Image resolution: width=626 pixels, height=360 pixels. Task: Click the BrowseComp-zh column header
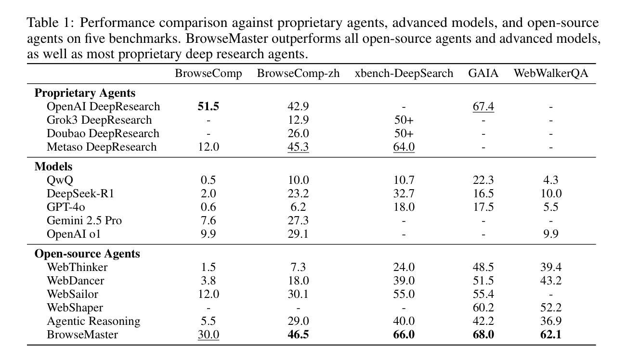pyautogui.click(x=298, y=74)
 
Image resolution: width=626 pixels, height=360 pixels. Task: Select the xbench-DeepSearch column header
pyautogui.click(x=404, y=74)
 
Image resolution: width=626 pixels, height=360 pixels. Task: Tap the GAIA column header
pyautogui.click(x=483, y=74)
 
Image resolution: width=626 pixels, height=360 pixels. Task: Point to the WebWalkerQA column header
pyautogui.click(x=551, y=74)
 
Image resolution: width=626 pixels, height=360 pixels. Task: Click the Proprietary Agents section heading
pyautogui.click(x=85, y=93)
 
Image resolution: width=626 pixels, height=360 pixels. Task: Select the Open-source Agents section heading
pyautogui.click(x=87, y=254)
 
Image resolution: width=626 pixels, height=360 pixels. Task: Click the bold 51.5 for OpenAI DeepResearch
pyautogui.click(x=208, y=106)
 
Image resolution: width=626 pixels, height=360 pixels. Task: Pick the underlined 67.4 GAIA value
pyautogui.click(x=483, y=106)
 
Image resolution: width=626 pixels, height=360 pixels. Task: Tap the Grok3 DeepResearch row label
pyautogui.click(x=99, y=120)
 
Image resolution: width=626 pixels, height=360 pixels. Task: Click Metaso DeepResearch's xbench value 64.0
pyautogui.click(x=404, y=147)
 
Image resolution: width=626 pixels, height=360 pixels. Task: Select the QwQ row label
pyautogui.click(x=60, y=180)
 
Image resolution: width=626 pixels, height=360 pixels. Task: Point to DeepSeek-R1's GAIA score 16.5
pyautogui.click(x=483, y=193)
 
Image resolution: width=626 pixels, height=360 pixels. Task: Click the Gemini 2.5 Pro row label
pyautogui.click(x=84, y=220)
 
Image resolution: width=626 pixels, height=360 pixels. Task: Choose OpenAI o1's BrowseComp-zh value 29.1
pyautogui.click(x=298, y=234)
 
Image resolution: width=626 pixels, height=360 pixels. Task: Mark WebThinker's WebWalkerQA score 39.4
pyautogui.click(x=551, y=267)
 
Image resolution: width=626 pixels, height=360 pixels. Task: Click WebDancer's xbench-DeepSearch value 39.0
pyautogui.click(x=404, y=281)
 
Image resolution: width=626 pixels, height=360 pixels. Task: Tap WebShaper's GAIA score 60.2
pyautogui.click(x=483, y=308)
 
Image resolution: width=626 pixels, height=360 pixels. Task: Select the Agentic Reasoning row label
pyautogui.click(x=93, y=321)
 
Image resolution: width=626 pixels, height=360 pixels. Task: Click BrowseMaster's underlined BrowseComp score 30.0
pyautogui.click(x=208, y=334)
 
